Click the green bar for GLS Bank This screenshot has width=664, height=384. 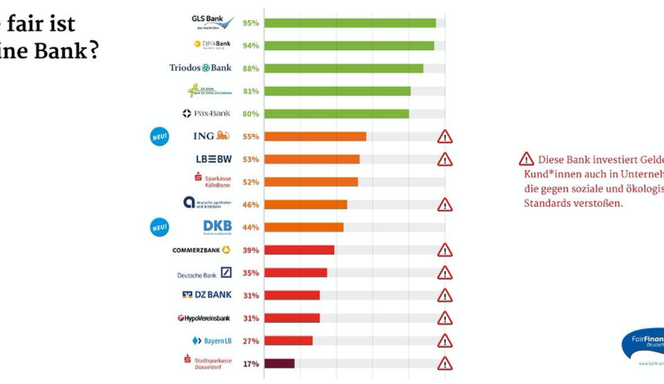click(x=350, y=23)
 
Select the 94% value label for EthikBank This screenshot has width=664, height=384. click(x=250, y=46)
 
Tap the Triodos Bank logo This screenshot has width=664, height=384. click(x=200, y=68)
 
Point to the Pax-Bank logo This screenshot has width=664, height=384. click(x=206, y=114)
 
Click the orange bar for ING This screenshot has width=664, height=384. click(x=315, y=136)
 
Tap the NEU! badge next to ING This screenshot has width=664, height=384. click(x=159, y=137)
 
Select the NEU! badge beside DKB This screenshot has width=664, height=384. click(x=159, y=227)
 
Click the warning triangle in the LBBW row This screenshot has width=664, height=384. click(x=445, y=159)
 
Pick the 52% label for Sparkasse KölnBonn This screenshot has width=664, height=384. click(x=250, y=182)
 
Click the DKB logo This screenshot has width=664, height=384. click(x=217, y=227)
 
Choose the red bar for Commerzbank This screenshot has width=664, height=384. click(x=299, y=250)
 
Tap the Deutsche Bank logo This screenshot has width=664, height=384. click(x=204, y=274)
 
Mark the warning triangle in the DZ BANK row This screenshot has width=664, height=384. click(x=445, y=296)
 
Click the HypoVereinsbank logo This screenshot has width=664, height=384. click(x=204, y=318)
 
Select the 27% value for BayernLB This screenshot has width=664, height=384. click(x=250, y=341)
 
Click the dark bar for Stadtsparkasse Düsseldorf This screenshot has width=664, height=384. click(x=279, y=364)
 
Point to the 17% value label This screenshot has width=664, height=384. click(x=250, y=364)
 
